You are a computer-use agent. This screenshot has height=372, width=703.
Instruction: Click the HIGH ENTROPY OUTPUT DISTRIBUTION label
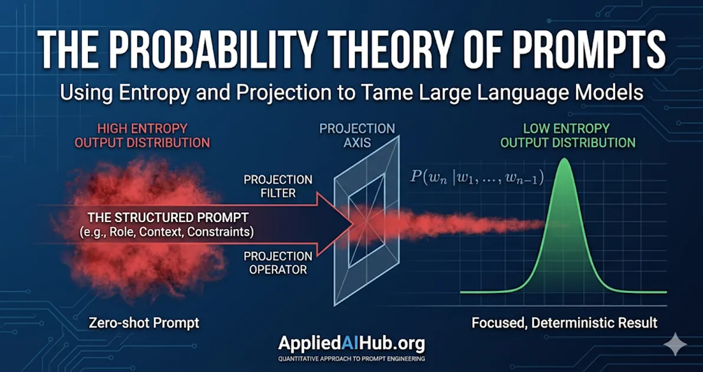(153, 136)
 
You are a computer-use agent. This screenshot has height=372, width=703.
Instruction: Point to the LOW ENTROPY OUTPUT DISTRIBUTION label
(568, 136)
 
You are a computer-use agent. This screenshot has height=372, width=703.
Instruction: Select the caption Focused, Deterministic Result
(564, 323)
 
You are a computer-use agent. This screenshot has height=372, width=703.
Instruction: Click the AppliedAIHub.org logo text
(351, 344)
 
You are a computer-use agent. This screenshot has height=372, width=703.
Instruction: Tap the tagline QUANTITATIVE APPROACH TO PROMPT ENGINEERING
(351, 358)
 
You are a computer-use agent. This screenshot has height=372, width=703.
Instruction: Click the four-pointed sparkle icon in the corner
(674, 344)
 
